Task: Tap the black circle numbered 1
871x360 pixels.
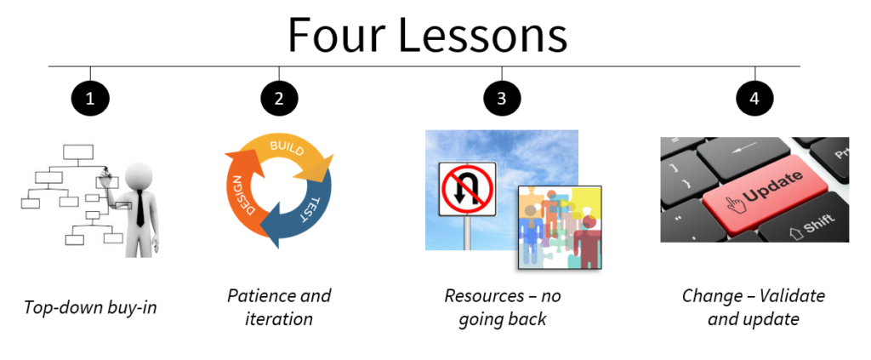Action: point(90,99)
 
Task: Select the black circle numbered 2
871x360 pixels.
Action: point(279,99)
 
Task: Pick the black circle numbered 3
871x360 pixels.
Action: point(502,99)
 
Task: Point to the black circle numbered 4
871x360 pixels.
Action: point(754,99)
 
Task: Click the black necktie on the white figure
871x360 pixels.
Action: point(140,207)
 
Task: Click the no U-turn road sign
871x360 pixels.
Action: point(467,189)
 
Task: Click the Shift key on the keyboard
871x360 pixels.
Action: point(806,222)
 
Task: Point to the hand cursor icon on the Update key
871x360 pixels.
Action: point(733,204)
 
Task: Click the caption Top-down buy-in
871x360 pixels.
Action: point(90,306)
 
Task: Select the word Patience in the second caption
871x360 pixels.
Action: point(260,295)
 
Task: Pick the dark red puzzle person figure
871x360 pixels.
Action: point(586,240)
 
